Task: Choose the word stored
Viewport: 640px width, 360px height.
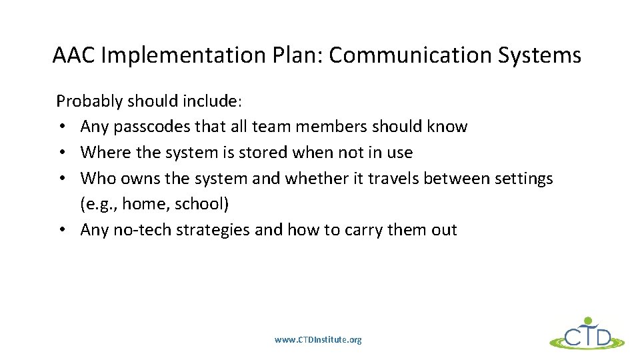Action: (x=256, y=153)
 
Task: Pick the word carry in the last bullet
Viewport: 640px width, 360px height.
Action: (x=355, y=230)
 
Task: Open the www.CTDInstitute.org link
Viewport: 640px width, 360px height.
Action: (x=318, y=340)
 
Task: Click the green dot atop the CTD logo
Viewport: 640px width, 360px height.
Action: (x=587, y=321)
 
